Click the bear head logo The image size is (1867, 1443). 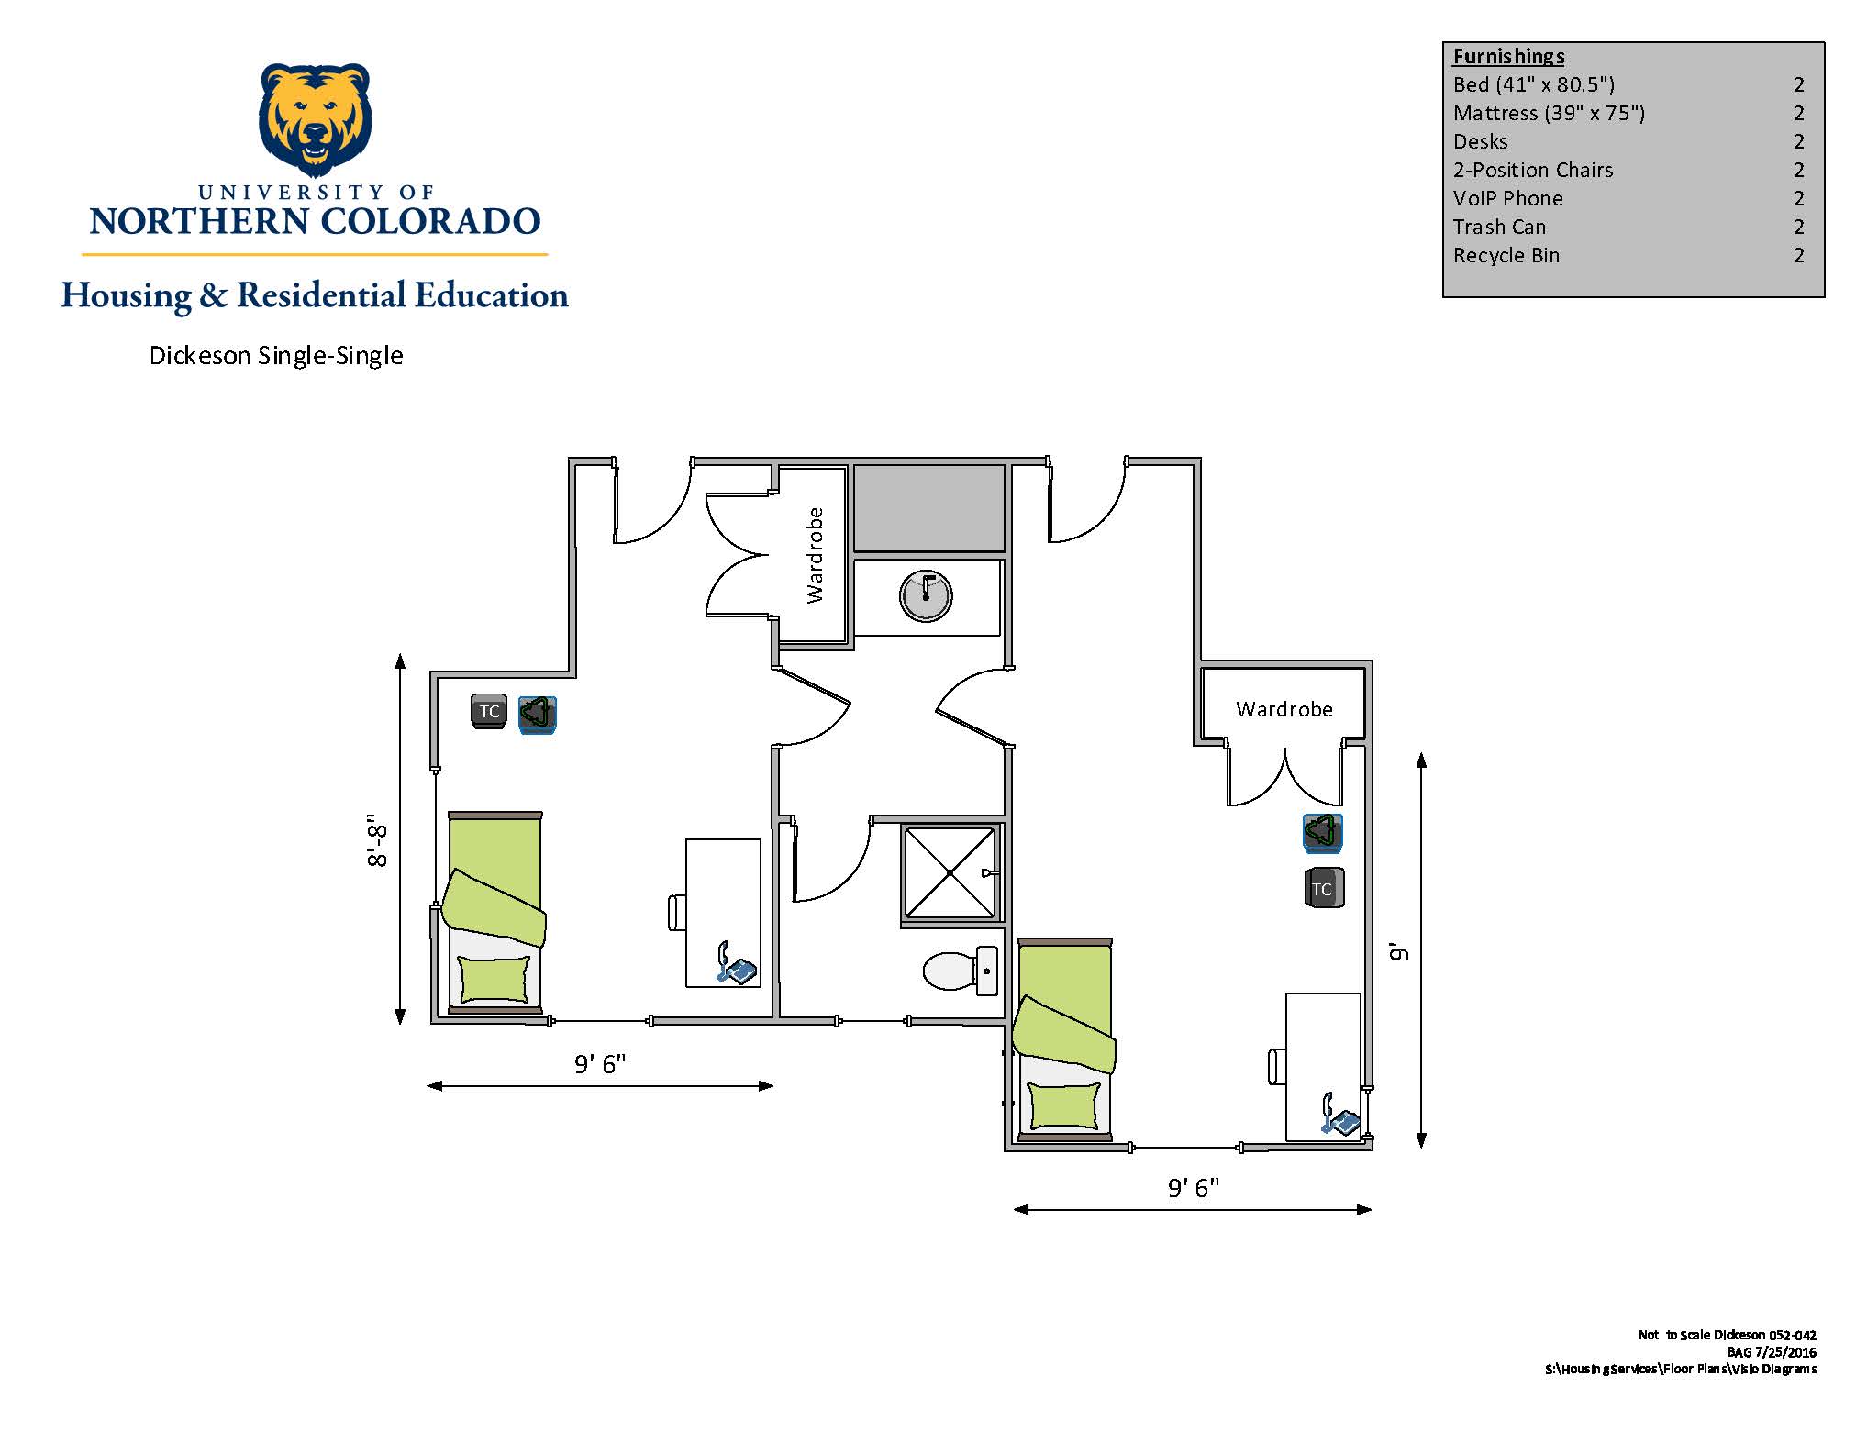tap(316, 119)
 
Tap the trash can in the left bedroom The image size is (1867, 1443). tap(489, 711)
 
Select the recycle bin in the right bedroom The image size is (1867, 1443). tap(1323, 832)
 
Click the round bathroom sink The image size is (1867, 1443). tap(926, 595)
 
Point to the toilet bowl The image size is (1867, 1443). tap(949, 971)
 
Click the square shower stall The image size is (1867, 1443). tap(950, 872)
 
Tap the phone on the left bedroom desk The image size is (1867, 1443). tap(736, 963)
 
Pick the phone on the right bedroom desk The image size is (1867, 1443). tap(1340, 1116)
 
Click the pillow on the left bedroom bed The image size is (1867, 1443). tap(495, 979)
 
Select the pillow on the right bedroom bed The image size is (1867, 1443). tap(1064, 1105)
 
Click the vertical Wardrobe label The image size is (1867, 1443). tap(815, 555)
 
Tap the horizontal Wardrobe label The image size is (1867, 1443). tap(1284, 709)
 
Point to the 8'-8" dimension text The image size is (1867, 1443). tap(377, 839)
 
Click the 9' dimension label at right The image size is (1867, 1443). tap(1398, 951)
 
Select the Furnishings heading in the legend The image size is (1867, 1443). tap(1508, 56)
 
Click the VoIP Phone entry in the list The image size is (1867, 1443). tap(1507, 198)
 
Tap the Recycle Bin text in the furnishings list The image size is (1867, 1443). tap(1506, 255)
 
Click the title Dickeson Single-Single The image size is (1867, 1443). tap(276, 356)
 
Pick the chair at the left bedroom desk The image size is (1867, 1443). tap(677, 913)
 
